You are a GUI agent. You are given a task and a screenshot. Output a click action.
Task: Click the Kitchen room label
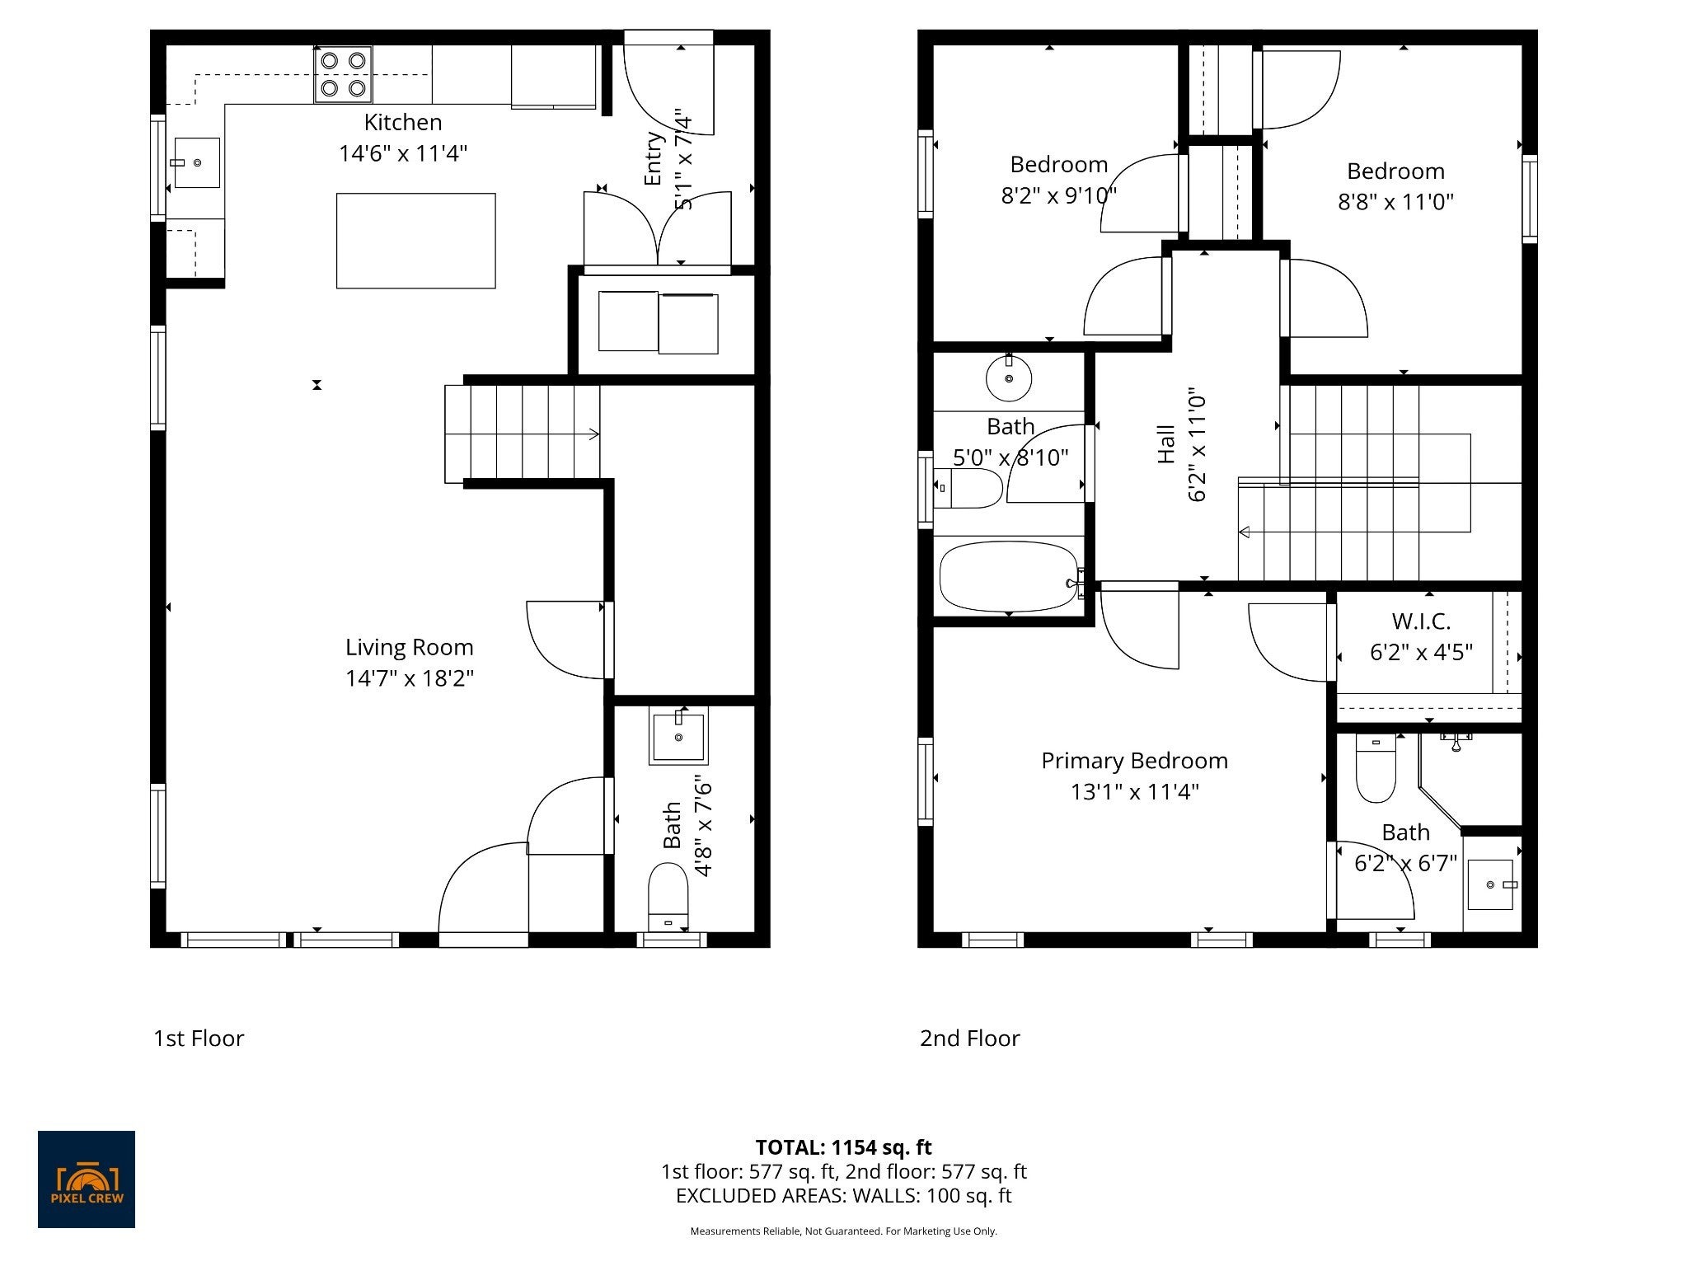(403, 122)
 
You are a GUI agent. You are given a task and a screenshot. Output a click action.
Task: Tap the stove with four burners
(343, 74)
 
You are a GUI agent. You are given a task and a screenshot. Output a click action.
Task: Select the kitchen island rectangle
(416, 241)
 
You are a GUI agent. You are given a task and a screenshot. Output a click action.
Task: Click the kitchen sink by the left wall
(197, 162)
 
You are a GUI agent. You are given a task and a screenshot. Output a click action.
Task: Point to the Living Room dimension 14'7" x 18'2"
(410, 678)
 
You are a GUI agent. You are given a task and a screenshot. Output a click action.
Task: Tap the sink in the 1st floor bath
(678, 735)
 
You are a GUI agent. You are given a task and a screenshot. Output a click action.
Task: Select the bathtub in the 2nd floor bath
(1010, 575)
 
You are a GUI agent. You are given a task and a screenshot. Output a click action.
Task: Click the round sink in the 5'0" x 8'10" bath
(1009, 378)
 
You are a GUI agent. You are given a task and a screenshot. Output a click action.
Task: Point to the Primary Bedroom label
(1134, 760)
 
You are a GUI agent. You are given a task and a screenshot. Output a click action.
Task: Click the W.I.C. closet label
(1421, 621)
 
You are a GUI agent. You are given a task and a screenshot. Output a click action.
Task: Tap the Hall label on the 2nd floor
(1165, 445)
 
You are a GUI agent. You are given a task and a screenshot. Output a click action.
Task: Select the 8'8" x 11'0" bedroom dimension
(1395, 202)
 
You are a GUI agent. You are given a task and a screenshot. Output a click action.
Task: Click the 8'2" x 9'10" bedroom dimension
(1059, 196)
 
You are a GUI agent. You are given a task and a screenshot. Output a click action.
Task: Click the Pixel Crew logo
(87, 1179)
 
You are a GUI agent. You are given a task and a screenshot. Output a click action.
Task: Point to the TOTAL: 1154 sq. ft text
(843, 1147)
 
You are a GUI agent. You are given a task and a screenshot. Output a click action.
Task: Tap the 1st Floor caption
(199, 1038)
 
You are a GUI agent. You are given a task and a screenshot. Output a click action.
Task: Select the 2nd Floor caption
(970, 1038)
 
